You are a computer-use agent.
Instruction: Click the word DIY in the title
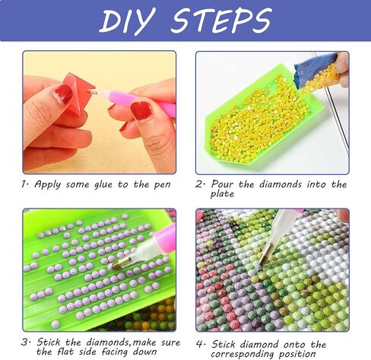[x=130, y=21]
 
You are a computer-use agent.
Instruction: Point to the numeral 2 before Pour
[x=201, y=184]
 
